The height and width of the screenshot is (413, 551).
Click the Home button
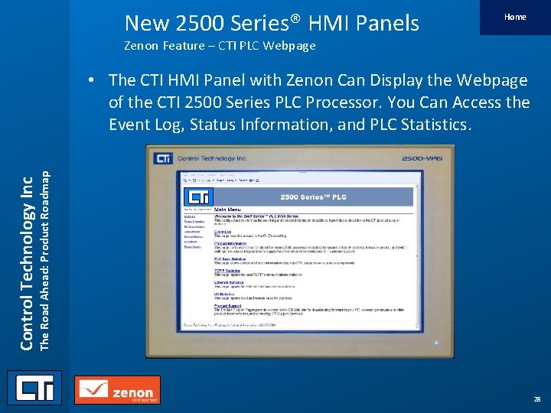[x=515, y=17]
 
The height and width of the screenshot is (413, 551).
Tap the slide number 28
[x=536, y=399]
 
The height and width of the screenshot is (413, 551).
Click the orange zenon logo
[x=117, y=390]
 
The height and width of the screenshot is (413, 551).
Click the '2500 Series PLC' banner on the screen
[x=313, y=197]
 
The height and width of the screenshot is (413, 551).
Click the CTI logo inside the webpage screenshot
[x=196, y=197]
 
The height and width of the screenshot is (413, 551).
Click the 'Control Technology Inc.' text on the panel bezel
[x=202, y=158]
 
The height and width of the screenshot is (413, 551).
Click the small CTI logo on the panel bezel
[x=163, y=158]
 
